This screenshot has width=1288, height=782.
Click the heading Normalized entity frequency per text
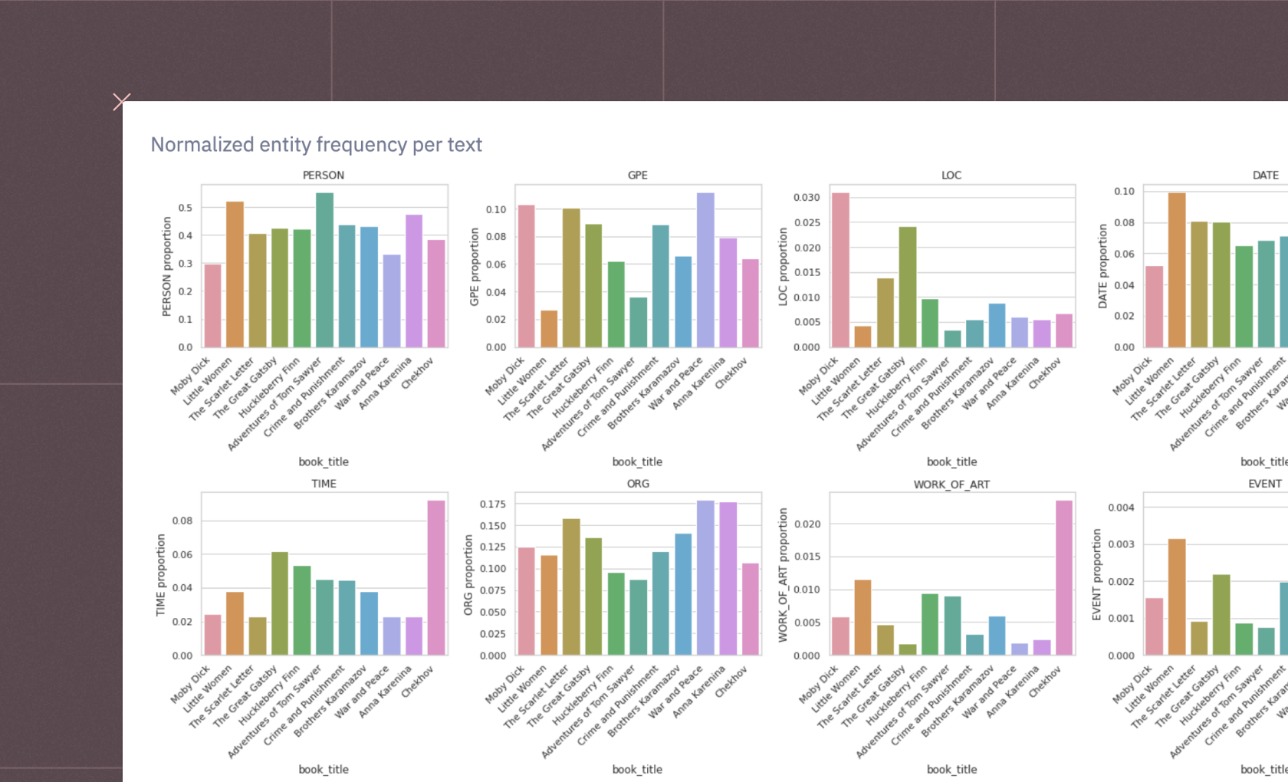[x=316, y=145]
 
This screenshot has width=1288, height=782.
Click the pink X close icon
[x=121, y=101]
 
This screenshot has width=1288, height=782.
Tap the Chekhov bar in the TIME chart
[x=436, y=578]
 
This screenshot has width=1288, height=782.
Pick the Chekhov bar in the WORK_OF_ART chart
[x=1064, y=578]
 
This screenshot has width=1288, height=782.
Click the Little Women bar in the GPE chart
[x=549, y=329]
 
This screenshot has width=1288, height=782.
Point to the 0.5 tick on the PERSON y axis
[x=186, y=208]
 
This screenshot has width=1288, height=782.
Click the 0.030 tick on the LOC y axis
[x=806, y=198]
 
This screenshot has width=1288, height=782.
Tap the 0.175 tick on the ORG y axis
[x=492, y=504]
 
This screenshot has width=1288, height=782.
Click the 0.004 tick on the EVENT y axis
[x=1121, y=508]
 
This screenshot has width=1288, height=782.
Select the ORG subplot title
[x=638, y=484]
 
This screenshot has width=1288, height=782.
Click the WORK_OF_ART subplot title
[x=951, y=485]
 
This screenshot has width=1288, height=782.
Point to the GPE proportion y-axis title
[x=475, y=266]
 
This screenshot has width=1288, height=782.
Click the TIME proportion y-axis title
[x=161, y=575]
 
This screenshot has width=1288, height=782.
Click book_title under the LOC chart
[x=951, y=462]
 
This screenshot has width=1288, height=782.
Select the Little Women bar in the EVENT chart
[x=1177, y=597]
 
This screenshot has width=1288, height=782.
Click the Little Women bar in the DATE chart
[x=1177, y=270]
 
